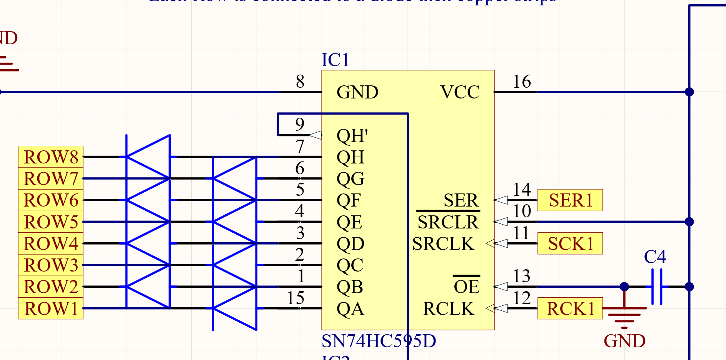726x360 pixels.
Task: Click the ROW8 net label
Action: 50,157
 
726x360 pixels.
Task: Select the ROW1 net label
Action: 50,308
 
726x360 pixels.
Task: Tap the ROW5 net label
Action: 50,222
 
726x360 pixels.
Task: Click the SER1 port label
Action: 570,200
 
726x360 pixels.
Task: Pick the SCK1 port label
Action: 570,244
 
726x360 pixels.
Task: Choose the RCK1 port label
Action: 570,308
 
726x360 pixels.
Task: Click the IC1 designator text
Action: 335,60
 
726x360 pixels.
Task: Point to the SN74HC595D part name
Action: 379,341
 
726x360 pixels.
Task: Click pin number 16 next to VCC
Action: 522,82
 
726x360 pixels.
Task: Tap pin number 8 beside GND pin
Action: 300,82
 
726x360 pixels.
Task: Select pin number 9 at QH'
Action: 300,124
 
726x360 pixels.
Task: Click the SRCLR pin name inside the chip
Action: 448,222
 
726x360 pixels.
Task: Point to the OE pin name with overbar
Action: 466,287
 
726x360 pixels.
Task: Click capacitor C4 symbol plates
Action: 657,287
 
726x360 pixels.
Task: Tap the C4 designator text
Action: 655,257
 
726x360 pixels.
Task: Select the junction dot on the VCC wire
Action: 689,92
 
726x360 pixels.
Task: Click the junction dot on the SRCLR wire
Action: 689,222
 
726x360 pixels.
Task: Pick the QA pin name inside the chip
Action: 350,309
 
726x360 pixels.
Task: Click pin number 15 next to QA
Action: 295,298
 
